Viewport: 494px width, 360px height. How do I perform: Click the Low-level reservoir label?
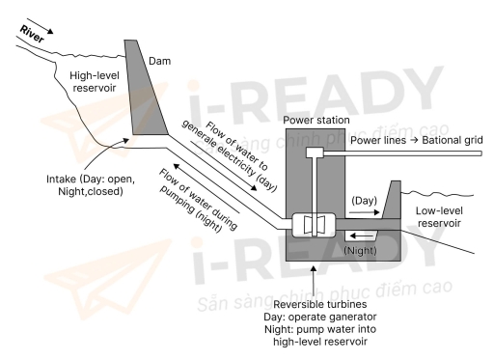click(439, 215)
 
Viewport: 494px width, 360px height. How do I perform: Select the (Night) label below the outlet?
click(362, 249)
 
